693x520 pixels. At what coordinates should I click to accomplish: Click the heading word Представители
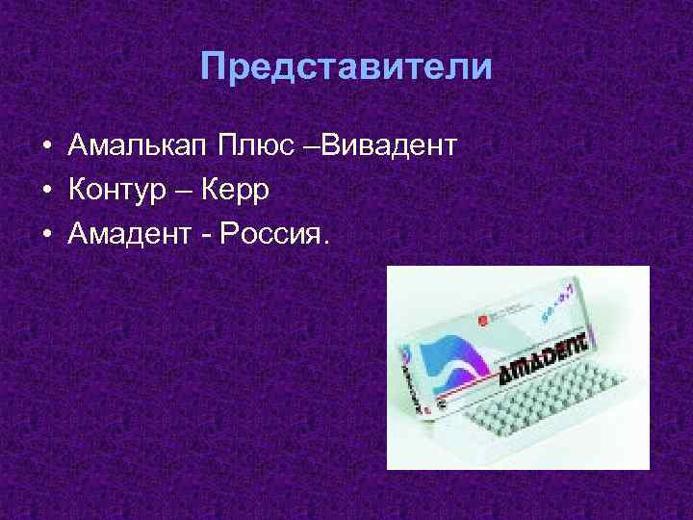pyautogui.click(x=346, y=66)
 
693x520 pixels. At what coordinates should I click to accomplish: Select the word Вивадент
pyautogui.click(x=391, y=146)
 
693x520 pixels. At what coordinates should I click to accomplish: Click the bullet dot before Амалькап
pyautogui.click(x=46, y=147)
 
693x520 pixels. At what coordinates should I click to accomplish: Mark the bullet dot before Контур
pyautogui.click(x=46, y=191)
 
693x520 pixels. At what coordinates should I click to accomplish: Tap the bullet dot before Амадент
pyautogui.click(x=46, y=235)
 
